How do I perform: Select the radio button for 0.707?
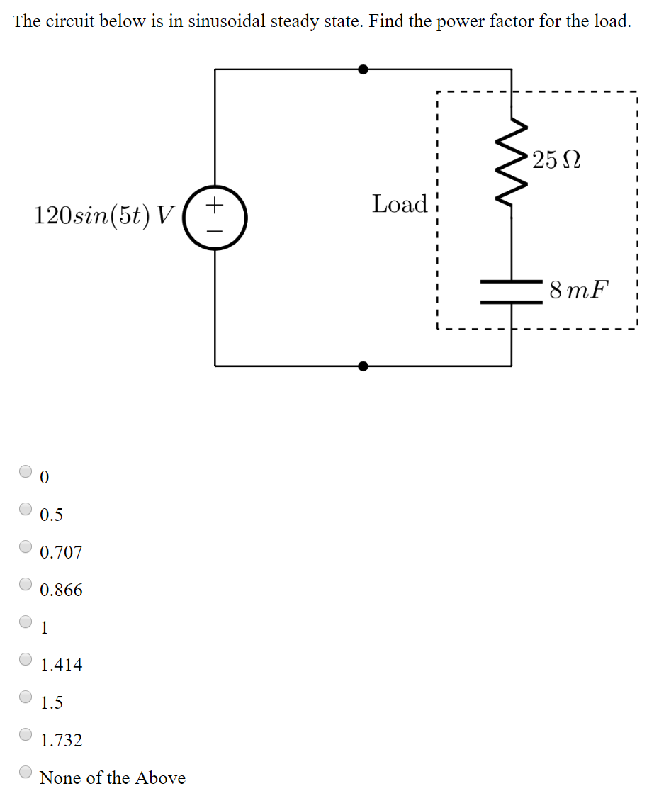point(26,546)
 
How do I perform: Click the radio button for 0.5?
point(26,508)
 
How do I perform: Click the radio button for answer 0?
point(26,471)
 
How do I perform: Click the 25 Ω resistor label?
point(557,161)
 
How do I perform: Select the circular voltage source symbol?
point(215,218)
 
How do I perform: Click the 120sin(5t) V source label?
point(103,215)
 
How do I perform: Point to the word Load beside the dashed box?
point(400,204)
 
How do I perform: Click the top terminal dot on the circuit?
point(363,69)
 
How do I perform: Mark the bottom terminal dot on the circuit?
point(363,366)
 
